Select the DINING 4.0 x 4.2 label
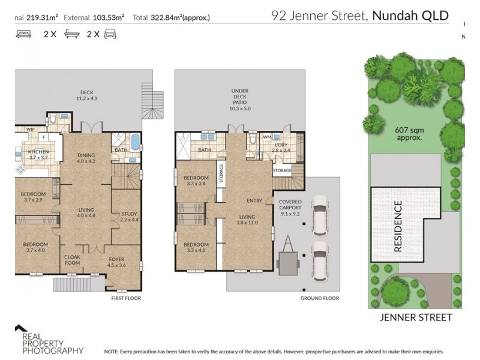tap(86, 158)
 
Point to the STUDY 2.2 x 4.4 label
tap(129, 217)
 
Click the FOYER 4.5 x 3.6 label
tap(116, 263)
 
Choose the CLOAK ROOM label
tap(72, 260)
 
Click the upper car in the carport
tap(320, 214)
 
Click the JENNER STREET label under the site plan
tap(416, 317)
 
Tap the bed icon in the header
tap(23, 34)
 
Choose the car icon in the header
tap(110, 34)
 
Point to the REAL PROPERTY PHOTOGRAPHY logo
tap(48, 341)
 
